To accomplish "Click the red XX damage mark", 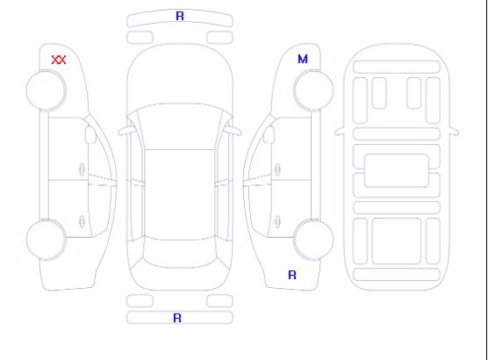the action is (59, 60).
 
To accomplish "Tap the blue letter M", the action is (303, 59).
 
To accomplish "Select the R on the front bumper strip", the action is (180, 16).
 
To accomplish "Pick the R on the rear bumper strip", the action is (177, 318).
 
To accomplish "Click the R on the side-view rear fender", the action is (292, 275).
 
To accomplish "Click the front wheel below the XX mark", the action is (46, 90).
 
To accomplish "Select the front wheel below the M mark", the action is (313, 90).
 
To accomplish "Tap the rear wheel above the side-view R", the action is (313, 239).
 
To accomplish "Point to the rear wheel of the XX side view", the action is (46, 240).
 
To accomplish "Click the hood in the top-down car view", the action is (180, 75).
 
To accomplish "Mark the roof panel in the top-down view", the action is (180, 195).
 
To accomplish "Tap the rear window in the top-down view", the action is (180, 253).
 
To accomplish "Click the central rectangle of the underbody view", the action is (397, 170).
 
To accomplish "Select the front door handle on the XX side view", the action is (82, 169).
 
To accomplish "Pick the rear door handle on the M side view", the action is (277, 221).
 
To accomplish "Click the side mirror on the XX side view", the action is (90, 134).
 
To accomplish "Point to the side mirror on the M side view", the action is (269, 134).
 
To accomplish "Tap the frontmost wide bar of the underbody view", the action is (397, 67).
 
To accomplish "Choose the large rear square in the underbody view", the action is (397, 241).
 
